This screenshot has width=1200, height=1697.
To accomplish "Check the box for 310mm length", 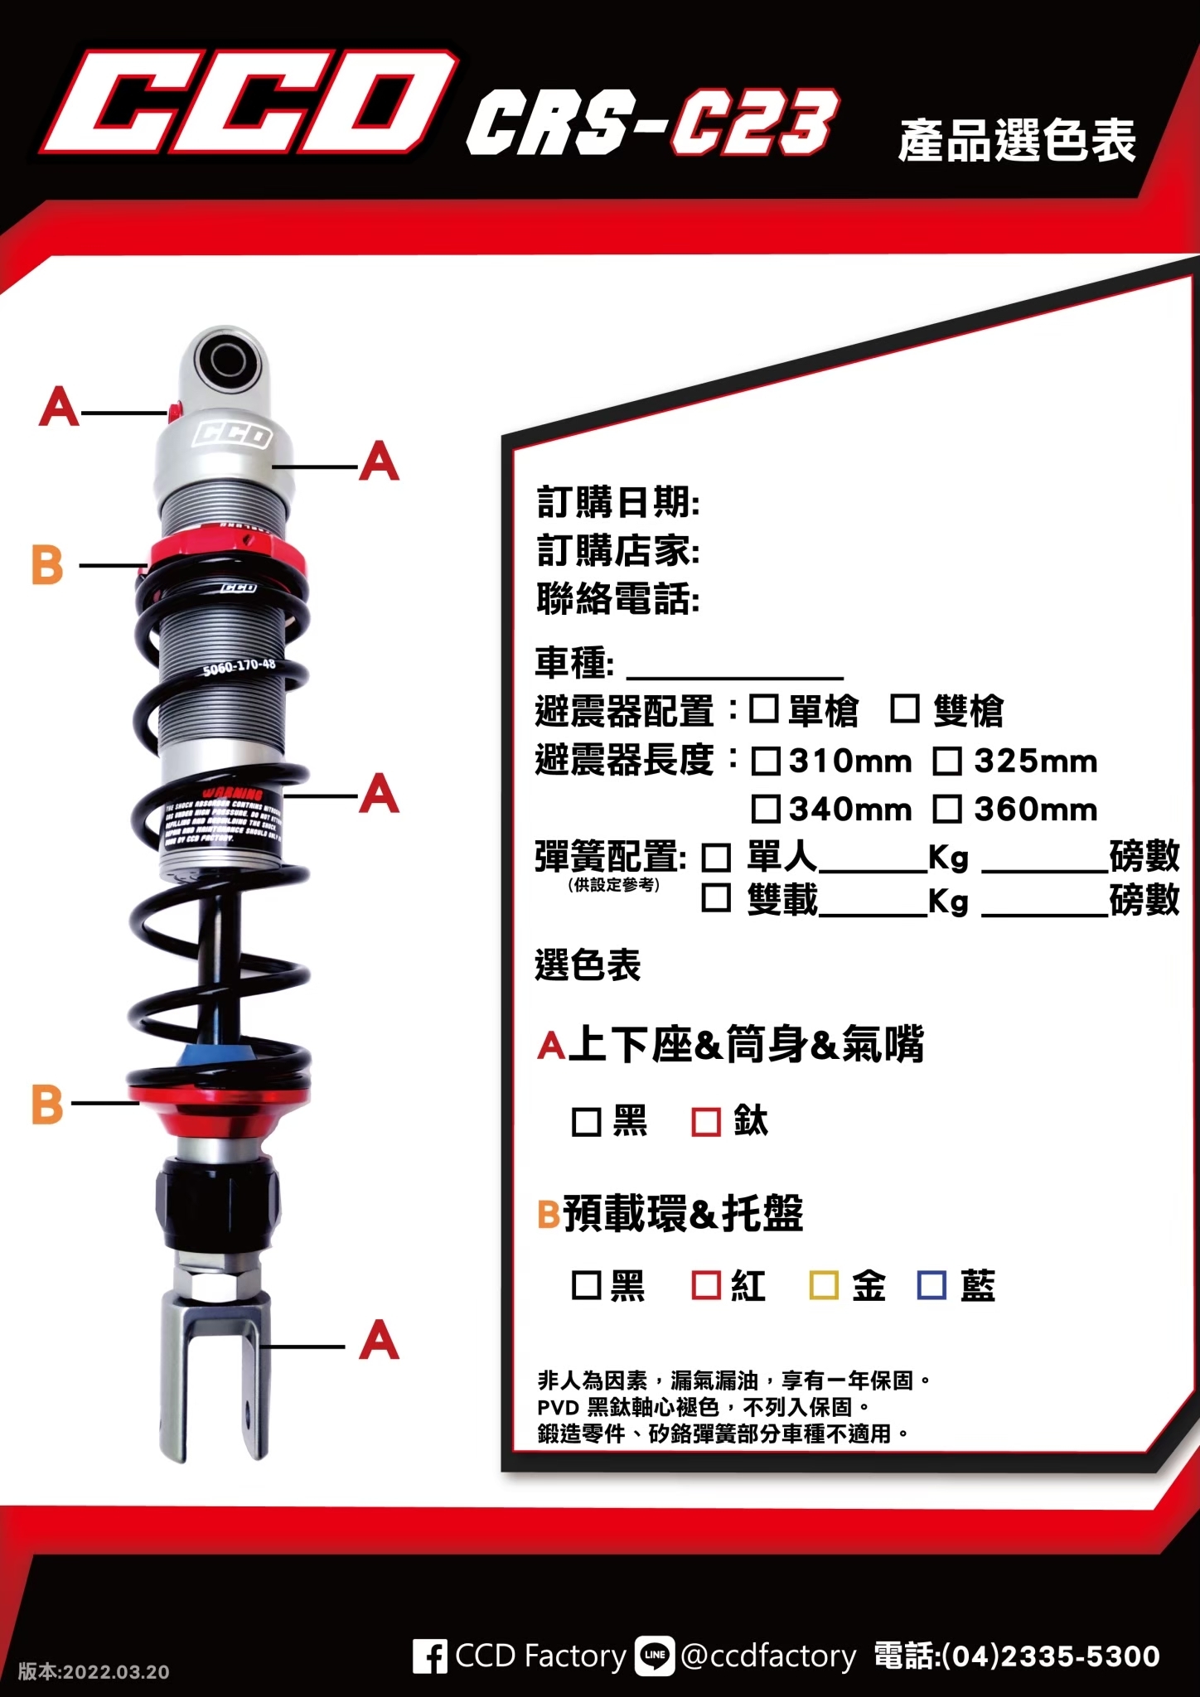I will click(765, 761).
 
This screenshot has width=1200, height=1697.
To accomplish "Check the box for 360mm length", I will click(947, 809).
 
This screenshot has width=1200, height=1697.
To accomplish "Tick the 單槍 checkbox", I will click(763, 709).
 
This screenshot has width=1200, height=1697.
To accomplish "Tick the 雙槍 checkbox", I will click(904, 709).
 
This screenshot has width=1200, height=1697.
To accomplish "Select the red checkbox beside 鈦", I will click(705, 1122).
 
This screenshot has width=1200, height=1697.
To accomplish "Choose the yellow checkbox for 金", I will click(823, 1285).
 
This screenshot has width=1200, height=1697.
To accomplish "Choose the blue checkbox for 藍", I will click(931, 1285).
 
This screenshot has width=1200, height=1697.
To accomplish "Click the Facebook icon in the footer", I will click(429, 1656).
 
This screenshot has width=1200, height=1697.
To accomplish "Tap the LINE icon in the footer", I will click(655, 1656).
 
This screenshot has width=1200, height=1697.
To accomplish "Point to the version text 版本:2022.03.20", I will click(94, 1671).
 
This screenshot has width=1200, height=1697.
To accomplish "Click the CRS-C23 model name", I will click(651, 124).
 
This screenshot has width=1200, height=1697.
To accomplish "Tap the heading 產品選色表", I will click(1016, 141).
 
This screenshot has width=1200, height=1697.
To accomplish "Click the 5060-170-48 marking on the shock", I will click(239, 666).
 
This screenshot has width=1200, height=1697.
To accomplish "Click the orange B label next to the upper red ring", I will click(47, 565).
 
